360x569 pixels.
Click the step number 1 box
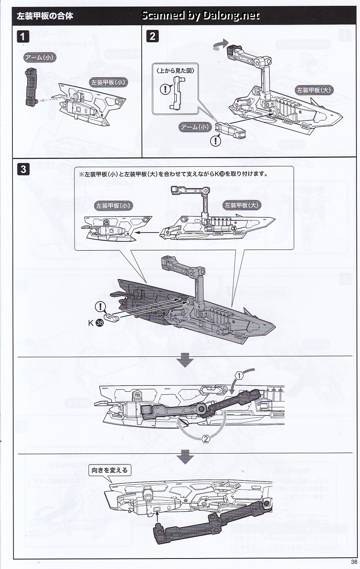click(23, 37)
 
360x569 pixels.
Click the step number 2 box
click(152, 36)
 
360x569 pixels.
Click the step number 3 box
click(24, 170)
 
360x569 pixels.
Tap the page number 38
click(353, 562)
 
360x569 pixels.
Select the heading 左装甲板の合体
click(45, 16)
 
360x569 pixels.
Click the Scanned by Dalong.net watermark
click(200, 16)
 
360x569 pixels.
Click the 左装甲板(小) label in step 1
click(108, 82)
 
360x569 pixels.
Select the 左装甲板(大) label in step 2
click(314, 90)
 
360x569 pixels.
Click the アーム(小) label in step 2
click(195, 127)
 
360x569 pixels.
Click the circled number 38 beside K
click(99, 323)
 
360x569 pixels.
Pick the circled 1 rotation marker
click(240, 376)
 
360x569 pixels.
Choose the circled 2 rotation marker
click(206, 439)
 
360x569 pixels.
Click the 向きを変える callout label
click(110, 470)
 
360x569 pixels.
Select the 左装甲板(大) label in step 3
click(241, 205)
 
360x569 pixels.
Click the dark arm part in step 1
click(30, 87)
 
